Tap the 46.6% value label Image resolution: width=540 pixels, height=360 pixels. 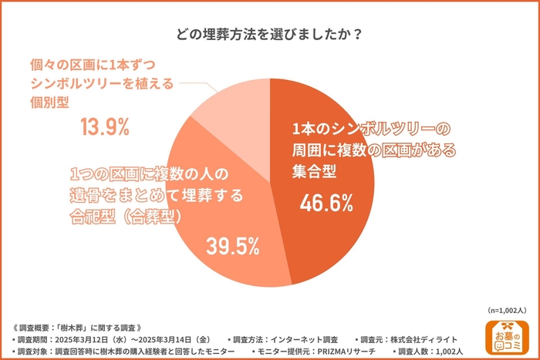point(326,204)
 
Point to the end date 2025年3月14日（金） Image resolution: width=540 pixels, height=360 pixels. point(170,338)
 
